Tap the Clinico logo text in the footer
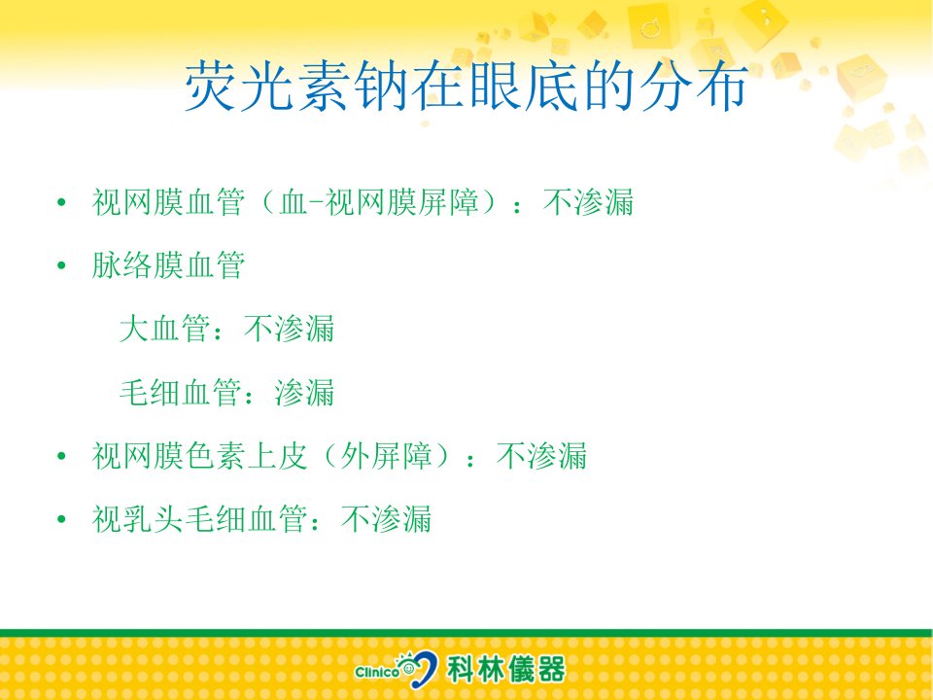point(377,672)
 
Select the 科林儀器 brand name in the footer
point(506,669)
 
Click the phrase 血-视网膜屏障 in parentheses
point(379,202)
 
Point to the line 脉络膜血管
point(168,265)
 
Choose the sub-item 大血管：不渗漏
point(226,329)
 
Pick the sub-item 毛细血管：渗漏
point(226,392)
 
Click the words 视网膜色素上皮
point(199,456)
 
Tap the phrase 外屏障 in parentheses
point(386,456)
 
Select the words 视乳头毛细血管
point(199,519)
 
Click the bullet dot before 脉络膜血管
point(61,266)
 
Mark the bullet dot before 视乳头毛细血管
point(61,519)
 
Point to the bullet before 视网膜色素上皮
point(61,457)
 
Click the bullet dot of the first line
point(61,203)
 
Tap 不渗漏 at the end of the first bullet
point(589,202)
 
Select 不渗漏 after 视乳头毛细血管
point(387,519)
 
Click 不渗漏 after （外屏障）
point(542,456)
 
